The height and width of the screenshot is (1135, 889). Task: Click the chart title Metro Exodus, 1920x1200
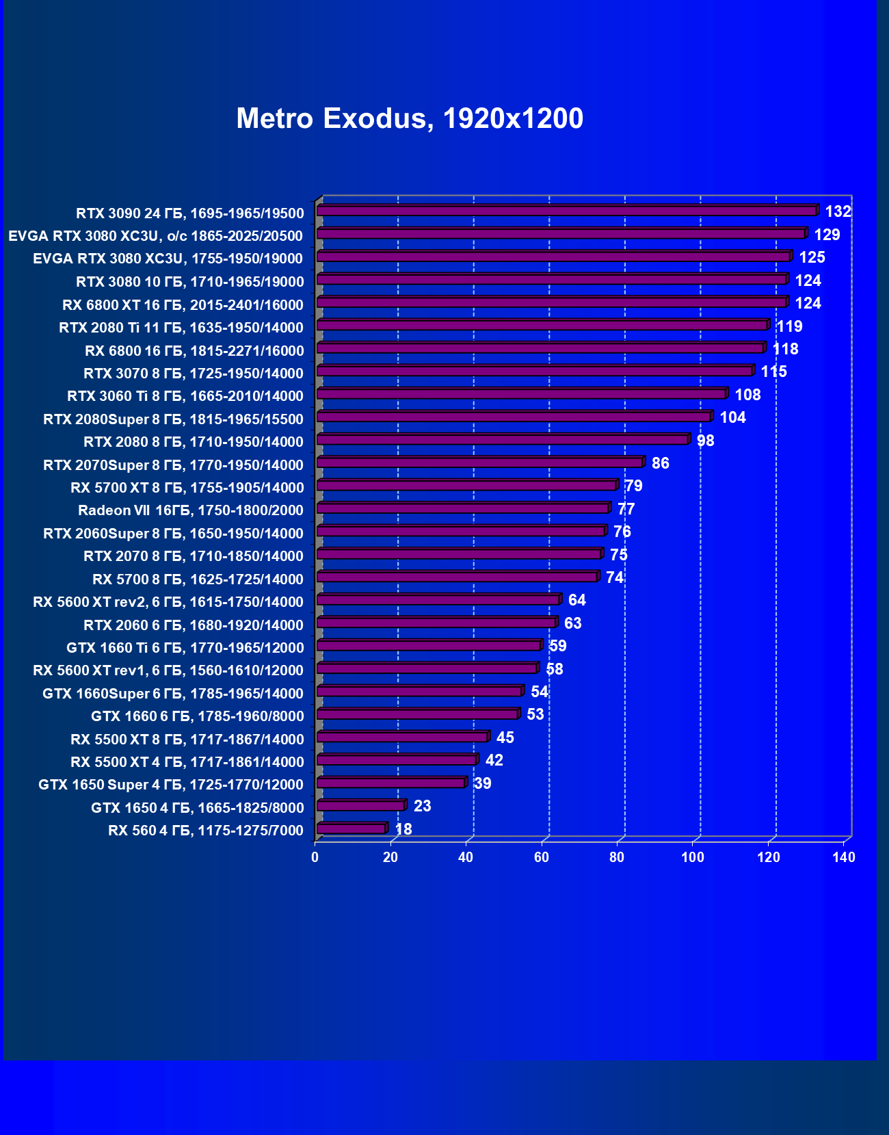[x=410, y=118]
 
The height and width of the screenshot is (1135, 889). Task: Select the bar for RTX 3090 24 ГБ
[x=567, y=211]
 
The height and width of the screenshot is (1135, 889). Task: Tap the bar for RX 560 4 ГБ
[x=351, y=829]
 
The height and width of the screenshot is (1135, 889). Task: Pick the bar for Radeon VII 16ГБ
[x=463, y=508]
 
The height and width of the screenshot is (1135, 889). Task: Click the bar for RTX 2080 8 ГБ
[x=503, y=439]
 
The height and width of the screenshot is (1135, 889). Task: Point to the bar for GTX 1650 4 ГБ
[x=361, y=806]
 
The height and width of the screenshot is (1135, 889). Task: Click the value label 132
[x=838, y=211]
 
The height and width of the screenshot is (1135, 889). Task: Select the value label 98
[x=705, y=441]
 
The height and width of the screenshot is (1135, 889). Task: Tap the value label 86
[x=660, y=463]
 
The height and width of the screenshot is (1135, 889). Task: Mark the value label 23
[x=422, y=806]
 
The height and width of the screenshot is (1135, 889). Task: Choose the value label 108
[x=747, y=395]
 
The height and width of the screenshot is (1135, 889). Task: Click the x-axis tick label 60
[x=542, y=857]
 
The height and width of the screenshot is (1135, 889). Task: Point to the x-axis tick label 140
[x=844, y=857]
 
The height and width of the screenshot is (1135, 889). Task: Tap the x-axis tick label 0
[x=315, y=857]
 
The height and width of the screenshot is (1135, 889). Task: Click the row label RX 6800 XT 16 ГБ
[x=183, y=304]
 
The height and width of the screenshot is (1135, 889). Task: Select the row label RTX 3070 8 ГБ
[x=193, y=374]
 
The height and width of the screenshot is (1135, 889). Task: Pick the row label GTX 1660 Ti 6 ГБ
[x=185, y=648]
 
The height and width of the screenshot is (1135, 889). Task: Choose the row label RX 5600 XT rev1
[x=168, y=670]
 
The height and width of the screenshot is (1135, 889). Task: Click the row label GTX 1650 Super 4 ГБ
[x=170, y=785]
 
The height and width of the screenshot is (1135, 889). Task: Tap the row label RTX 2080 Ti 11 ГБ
[x=181, y=328]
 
